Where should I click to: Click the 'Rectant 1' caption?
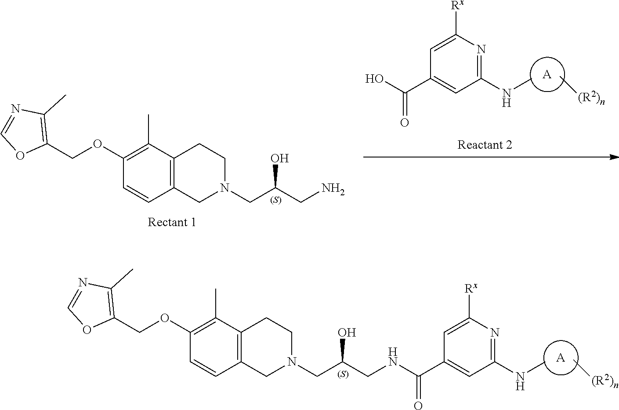(172, 222)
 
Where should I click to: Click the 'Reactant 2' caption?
(485, 144)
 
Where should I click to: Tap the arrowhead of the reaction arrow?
(614, 157)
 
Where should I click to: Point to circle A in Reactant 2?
(547, 75)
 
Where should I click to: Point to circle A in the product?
(561, 359)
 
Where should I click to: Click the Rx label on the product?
(472, 289)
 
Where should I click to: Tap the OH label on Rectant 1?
(279, 158)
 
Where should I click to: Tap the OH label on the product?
(347, 332)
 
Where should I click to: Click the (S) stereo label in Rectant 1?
(276, 201)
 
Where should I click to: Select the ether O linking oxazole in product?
(165, 318)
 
